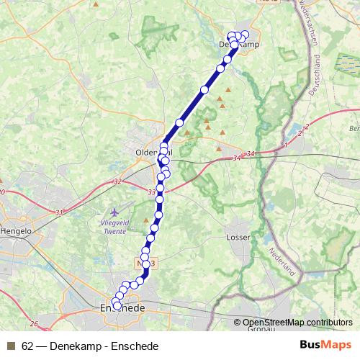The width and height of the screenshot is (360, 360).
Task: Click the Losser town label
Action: (x=238, y=236)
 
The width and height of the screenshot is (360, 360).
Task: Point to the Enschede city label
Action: (x=121, y=308)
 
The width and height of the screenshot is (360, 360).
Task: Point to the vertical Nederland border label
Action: (x=282, y=264)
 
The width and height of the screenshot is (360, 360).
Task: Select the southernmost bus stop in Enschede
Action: (x=117, y=307)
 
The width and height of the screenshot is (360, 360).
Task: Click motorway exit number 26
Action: (x=34, y=324)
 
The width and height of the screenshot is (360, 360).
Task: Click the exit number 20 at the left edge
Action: (x=3, y=192)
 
